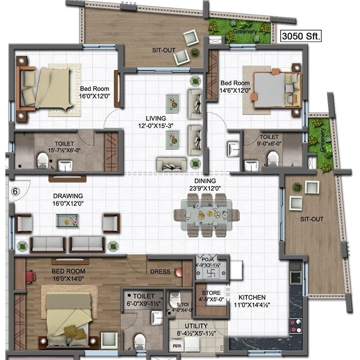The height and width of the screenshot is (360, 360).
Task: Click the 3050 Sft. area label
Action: [301, 36]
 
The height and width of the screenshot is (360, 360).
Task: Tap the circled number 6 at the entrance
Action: [15, 191]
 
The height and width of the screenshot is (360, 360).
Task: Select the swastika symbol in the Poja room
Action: [211, 273]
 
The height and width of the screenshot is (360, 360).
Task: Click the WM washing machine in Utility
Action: [176, 346]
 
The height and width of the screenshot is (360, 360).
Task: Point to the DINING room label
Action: [205, 181]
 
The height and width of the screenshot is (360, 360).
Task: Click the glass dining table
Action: [206, 215]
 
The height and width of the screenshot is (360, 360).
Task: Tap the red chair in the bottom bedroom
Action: [31, 276]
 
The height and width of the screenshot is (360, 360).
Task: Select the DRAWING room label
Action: [68, 196]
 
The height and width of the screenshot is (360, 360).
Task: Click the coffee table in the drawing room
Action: [67, 220]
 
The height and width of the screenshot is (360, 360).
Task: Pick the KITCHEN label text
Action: [252, 297]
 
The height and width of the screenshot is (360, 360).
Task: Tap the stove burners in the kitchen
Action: [296, 326]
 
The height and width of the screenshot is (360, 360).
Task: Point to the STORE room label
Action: [211, 293]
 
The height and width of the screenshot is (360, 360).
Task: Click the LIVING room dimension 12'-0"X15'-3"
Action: [156, 126]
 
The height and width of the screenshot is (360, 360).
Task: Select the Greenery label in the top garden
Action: [245, 31]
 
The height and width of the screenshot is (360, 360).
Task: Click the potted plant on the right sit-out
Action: [297, 187]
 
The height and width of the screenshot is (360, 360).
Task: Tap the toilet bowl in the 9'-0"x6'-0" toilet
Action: [273, 158]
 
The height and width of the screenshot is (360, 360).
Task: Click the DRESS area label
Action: [160, 272]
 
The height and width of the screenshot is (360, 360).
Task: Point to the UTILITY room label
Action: [196, 326]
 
